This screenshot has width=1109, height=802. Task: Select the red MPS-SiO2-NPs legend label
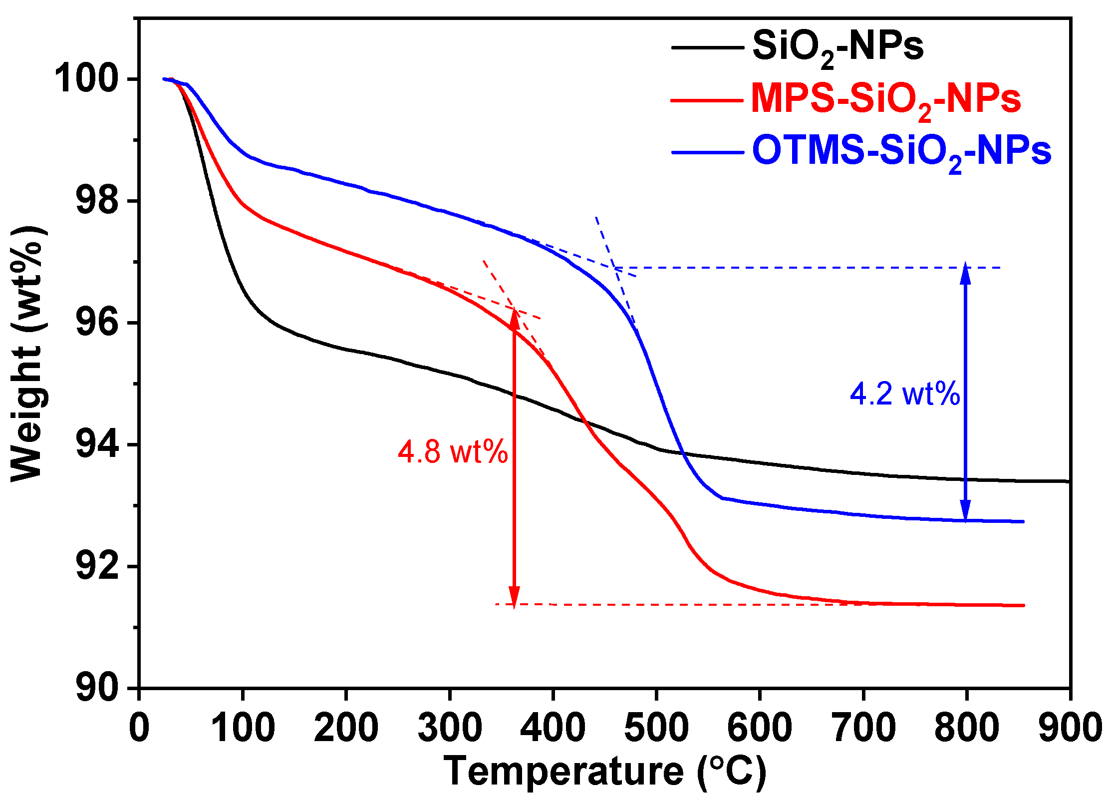click(886, 99)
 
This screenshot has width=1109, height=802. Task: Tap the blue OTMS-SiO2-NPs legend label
click(901, 151)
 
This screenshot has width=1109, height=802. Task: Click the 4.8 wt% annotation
click(453, 452)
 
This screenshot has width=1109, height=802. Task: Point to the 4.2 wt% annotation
click(905, 394)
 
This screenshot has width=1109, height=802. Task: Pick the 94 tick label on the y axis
click(98, 444)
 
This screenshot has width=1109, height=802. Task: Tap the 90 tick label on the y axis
click(98, 688)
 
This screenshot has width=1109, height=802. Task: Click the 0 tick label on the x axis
click(139, 728)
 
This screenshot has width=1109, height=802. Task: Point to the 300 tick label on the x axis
click(450, 728)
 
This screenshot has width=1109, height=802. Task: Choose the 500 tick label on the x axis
click(656, 728)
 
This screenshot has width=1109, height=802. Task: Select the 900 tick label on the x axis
click(1070, 728)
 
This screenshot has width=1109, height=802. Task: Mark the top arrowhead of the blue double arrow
click(966, 273)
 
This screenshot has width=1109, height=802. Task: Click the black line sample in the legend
click(707, 48)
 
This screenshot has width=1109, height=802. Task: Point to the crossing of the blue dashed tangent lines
click(615, 267)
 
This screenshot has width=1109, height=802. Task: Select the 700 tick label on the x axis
click(863, 728)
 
